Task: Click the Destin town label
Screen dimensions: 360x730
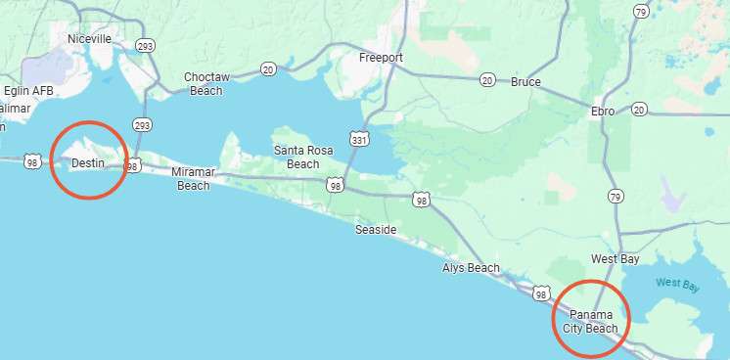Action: pyautogui.click(x=88, y=162)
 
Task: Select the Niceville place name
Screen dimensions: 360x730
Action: pyautogui.click(x=89, y=38)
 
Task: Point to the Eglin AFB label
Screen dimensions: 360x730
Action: pyautogui.click(x=29, y=90)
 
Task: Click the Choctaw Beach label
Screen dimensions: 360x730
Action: pyautogui.click(x=205, y=83)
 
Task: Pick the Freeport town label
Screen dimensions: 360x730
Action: pyautogui.click(x=381, y=58)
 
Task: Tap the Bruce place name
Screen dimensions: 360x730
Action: pyautogui.click(x=525, y=82)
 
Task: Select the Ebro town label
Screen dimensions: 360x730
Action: pyautogui.click(x=603, y=112)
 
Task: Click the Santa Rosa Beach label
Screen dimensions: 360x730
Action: pyautogui.click(x=302, y=157)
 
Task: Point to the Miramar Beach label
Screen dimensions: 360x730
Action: pyautogui.click(x=193, y=178)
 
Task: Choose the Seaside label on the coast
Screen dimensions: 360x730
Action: pyautogui.click(x=376, y=230)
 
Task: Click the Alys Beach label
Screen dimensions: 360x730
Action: pyautogui.click(x=471, y=268)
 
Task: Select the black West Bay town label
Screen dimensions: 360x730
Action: pyautogui.click(x=616, y=259)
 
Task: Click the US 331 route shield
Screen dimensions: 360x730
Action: pyautogui.click(x=360, y=140)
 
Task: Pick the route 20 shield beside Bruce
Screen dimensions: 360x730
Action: pyautogui.click(x=487, y=80)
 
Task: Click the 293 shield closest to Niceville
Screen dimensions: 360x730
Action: pyautogui.click(x=146, y=45)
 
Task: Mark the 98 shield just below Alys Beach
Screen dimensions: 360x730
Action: pyautogui.click(x=541, y=293)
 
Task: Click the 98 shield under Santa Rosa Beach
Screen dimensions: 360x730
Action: pyautogui.click(x=336, y=184)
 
